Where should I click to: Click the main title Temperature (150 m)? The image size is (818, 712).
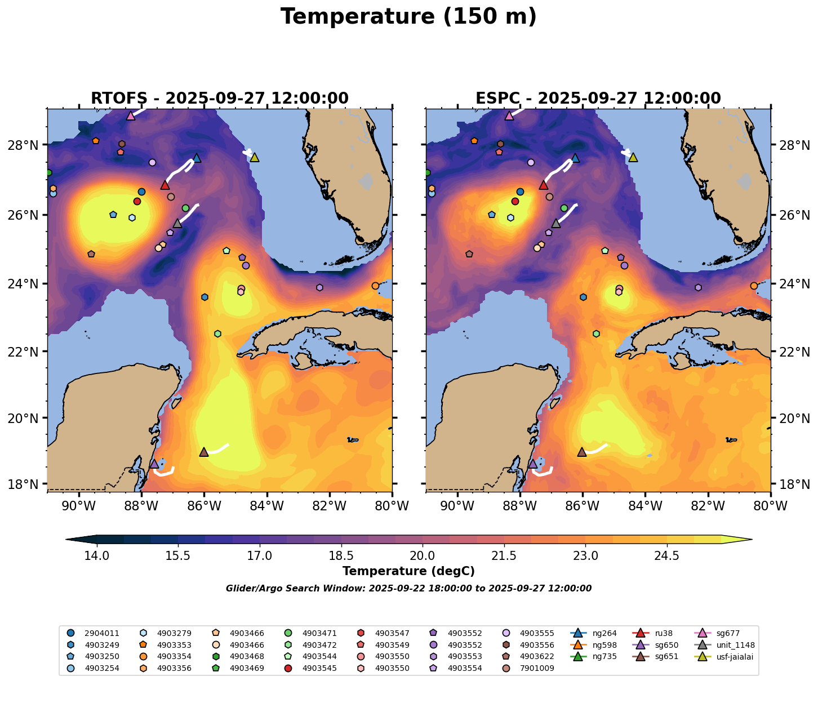408,17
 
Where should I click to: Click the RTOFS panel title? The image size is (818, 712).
220,99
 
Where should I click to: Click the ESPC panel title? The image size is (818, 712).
598,99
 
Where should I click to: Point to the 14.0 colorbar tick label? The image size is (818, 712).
97,556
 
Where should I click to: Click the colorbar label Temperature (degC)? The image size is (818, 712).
408,571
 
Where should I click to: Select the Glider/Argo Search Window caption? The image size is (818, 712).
408,589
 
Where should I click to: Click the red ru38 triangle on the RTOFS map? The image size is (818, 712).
165,185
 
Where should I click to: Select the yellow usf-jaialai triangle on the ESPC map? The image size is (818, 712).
633,158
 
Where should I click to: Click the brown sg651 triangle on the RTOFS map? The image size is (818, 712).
204,452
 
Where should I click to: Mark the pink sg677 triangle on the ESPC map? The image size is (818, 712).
509,116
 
